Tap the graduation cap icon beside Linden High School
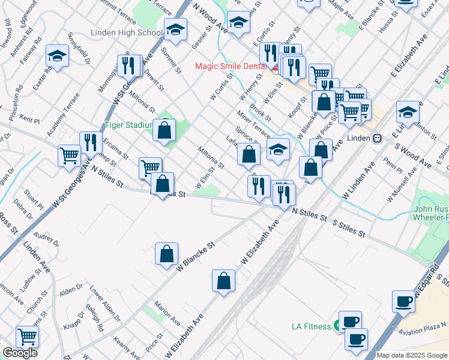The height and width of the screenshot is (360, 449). (x=175, y=29)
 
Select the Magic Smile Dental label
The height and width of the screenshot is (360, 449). (x=232, y=65)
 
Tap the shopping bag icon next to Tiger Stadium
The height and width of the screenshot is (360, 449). (x=164, y=130)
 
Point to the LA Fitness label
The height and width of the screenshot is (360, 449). (x=311, y=326)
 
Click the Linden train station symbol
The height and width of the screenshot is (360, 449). (x=378, y=138)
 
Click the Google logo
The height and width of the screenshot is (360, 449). (x=20, y=353)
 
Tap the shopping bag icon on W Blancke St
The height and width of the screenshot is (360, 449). (x=166, y=254)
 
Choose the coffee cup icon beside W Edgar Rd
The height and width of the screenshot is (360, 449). (x=404, y=301)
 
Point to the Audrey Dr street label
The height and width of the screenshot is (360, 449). (x=46, y=239)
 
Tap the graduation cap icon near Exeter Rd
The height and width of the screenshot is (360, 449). (x=58, y=56)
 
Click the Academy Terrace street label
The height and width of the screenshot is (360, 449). (x=63, y=113)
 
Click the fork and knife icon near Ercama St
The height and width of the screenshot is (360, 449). (x=91, y=142)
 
